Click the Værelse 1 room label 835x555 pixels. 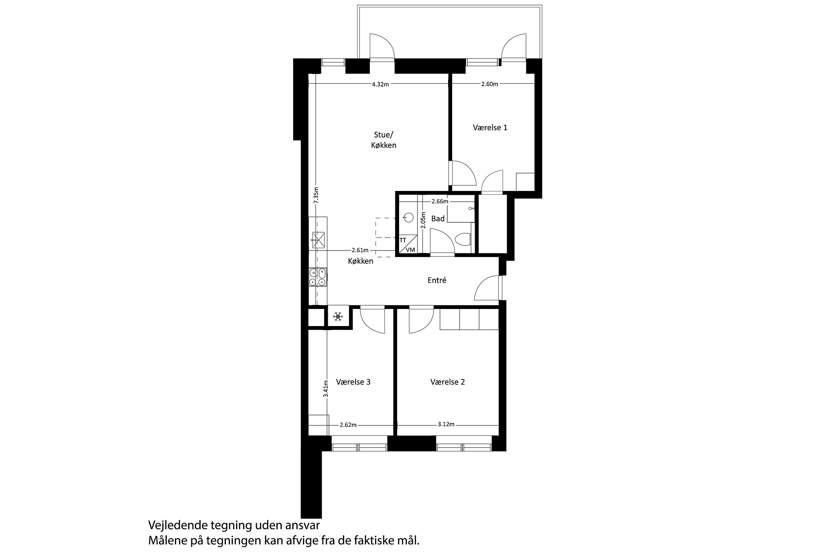click(490, 128)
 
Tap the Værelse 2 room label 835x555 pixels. click(447, 382)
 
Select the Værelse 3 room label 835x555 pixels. click(353, 382)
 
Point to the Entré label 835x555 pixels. click(437, 281)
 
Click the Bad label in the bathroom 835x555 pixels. click(438, 219)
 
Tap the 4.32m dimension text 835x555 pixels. click(380, 84)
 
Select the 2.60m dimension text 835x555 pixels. click(489, 84)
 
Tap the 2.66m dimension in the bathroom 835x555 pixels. click(440, 201)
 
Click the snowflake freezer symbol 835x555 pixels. click(338, 316)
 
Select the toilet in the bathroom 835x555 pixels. click(464, 240)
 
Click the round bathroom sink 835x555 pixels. click(408, 217)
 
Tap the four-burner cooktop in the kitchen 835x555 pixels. click(318, 277)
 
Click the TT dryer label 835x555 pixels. click(403, 240)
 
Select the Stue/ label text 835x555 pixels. click(384, 135)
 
